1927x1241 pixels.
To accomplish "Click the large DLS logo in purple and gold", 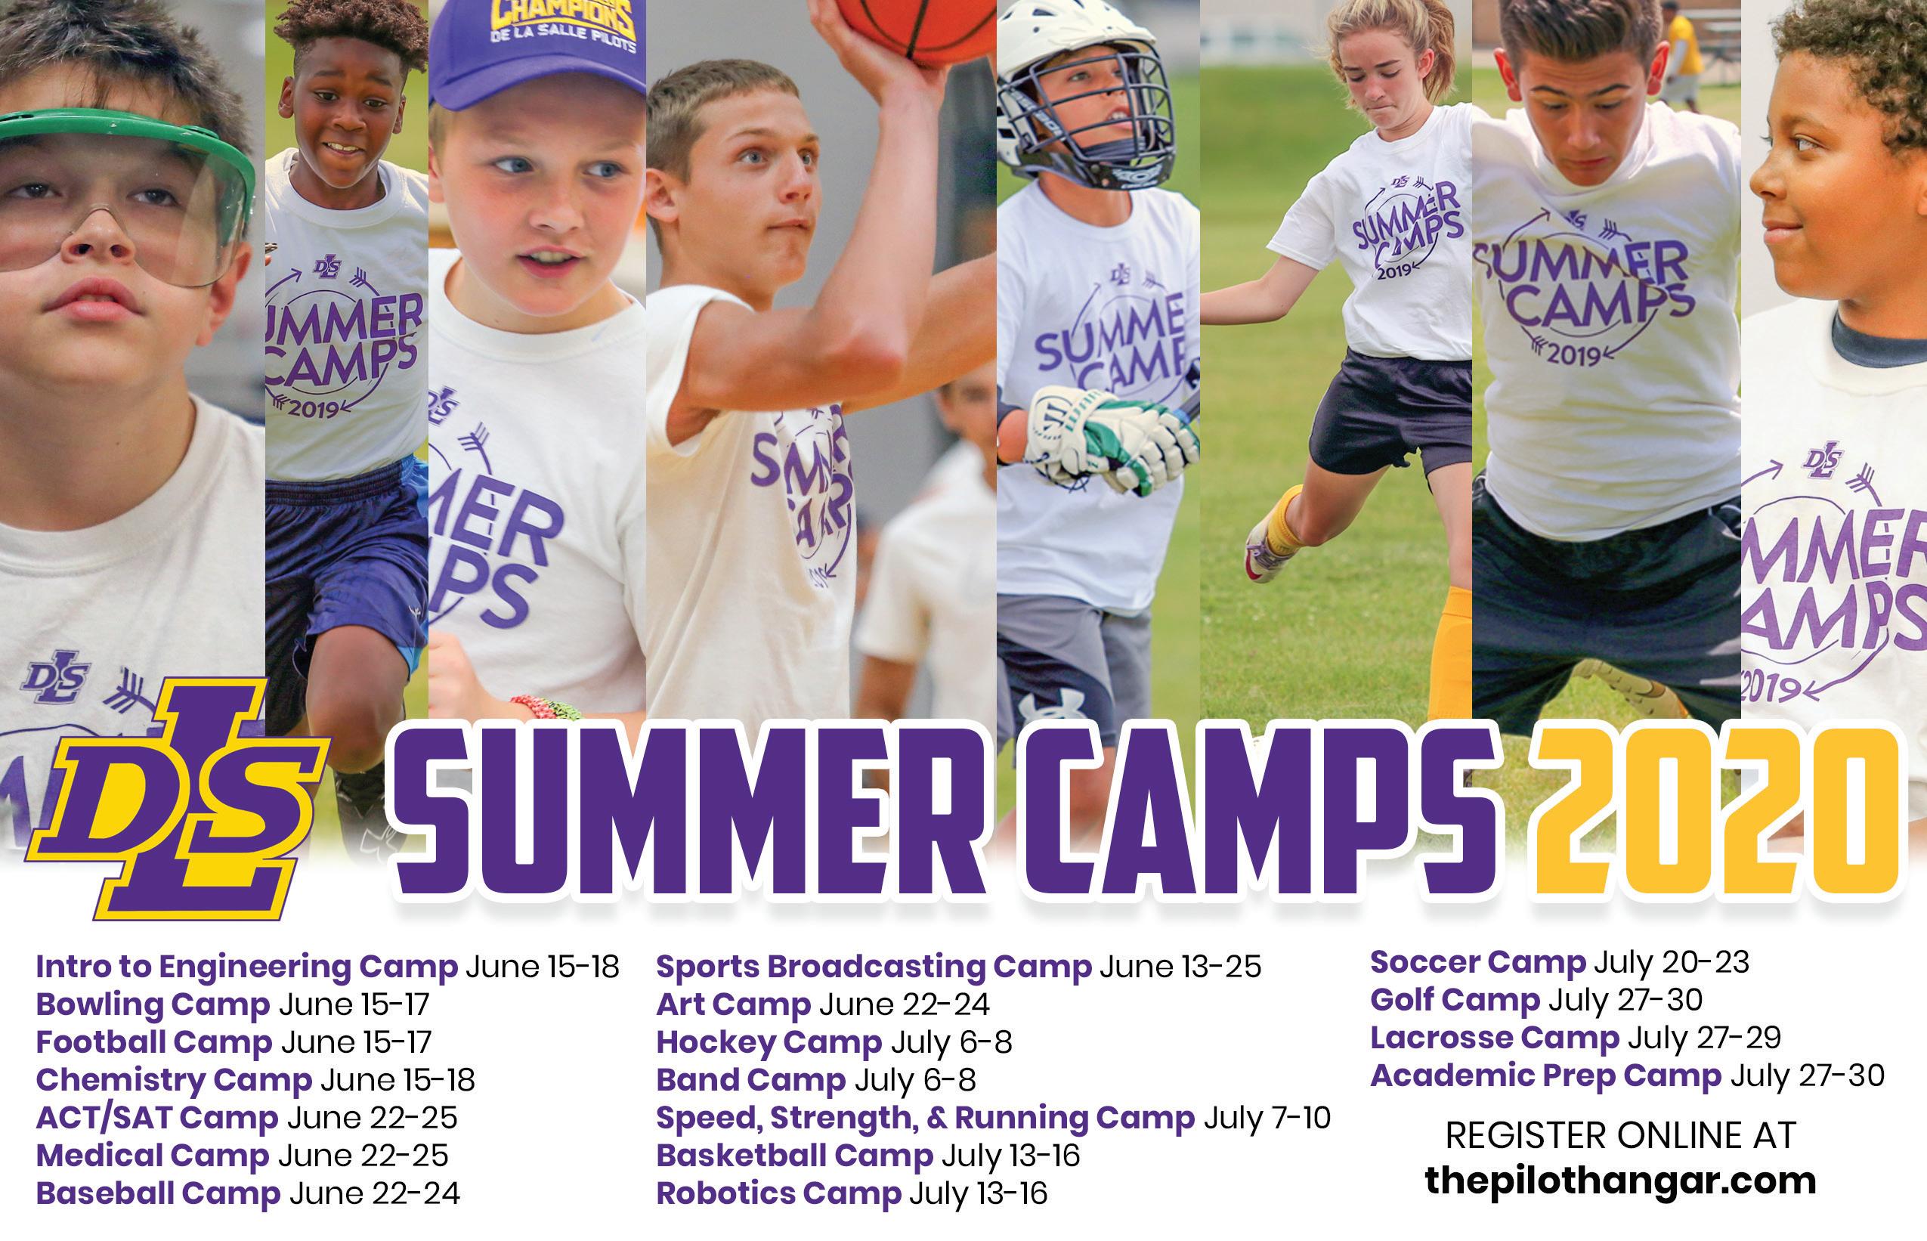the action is tap(178, 798).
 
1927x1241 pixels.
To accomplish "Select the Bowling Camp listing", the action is tap(233, 1004).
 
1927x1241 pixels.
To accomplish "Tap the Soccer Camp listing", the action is tap(1560, 961).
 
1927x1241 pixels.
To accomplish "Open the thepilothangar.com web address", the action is tap(1620, 1181).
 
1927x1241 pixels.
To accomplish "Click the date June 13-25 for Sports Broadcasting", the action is tap(1180, 966).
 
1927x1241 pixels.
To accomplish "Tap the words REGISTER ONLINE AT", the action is tap(1620, 1134).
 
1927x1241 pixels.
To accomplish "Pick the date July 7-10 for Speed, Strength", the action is tap(1267, 1118).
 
